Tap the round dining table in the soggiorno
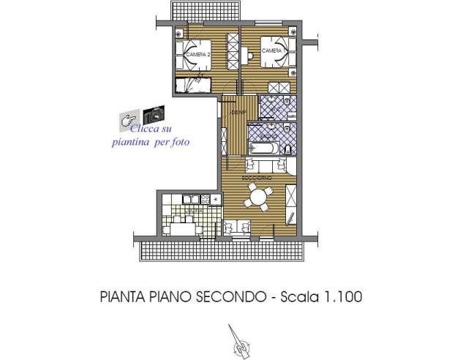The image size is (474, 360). point(257,196)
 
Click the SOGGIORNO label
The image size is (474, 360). point(257,178)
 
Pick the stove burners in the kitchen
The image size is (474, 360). point(207,198)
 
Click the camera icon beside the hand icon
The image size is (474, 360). point(154,115)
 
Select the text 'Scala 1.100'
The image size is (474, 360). point(326,298)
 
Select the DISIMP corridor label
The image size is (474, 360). point(236,113)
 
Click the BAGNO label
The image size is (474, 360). point(268,137)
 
